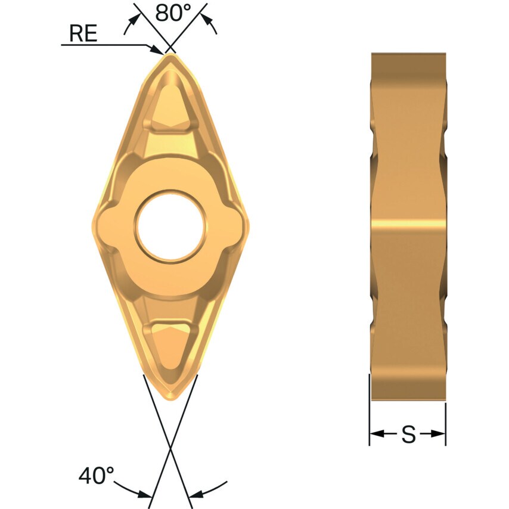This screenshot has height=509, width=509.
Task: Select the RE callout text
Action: [83, 33]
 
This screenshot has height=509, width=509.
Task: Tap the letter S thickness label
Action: [408, 434]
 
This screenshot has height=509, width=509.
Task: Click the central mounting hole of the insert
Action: [170, 225]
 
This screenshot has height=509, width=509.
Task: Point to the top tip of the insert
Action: [170, 55]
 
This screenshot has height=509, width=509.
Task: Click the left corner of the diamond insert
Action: [94, 225]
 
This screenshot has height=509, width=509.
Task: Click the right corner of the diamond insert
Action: [248, 225]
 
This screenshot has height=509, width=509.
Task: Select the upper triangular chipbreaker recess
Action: [170, 107]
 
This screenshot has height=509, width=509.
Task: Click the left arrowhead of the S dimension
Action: [374, 434]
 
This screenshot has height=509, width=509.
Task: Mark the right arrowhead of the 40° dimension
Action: [194, 494]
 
